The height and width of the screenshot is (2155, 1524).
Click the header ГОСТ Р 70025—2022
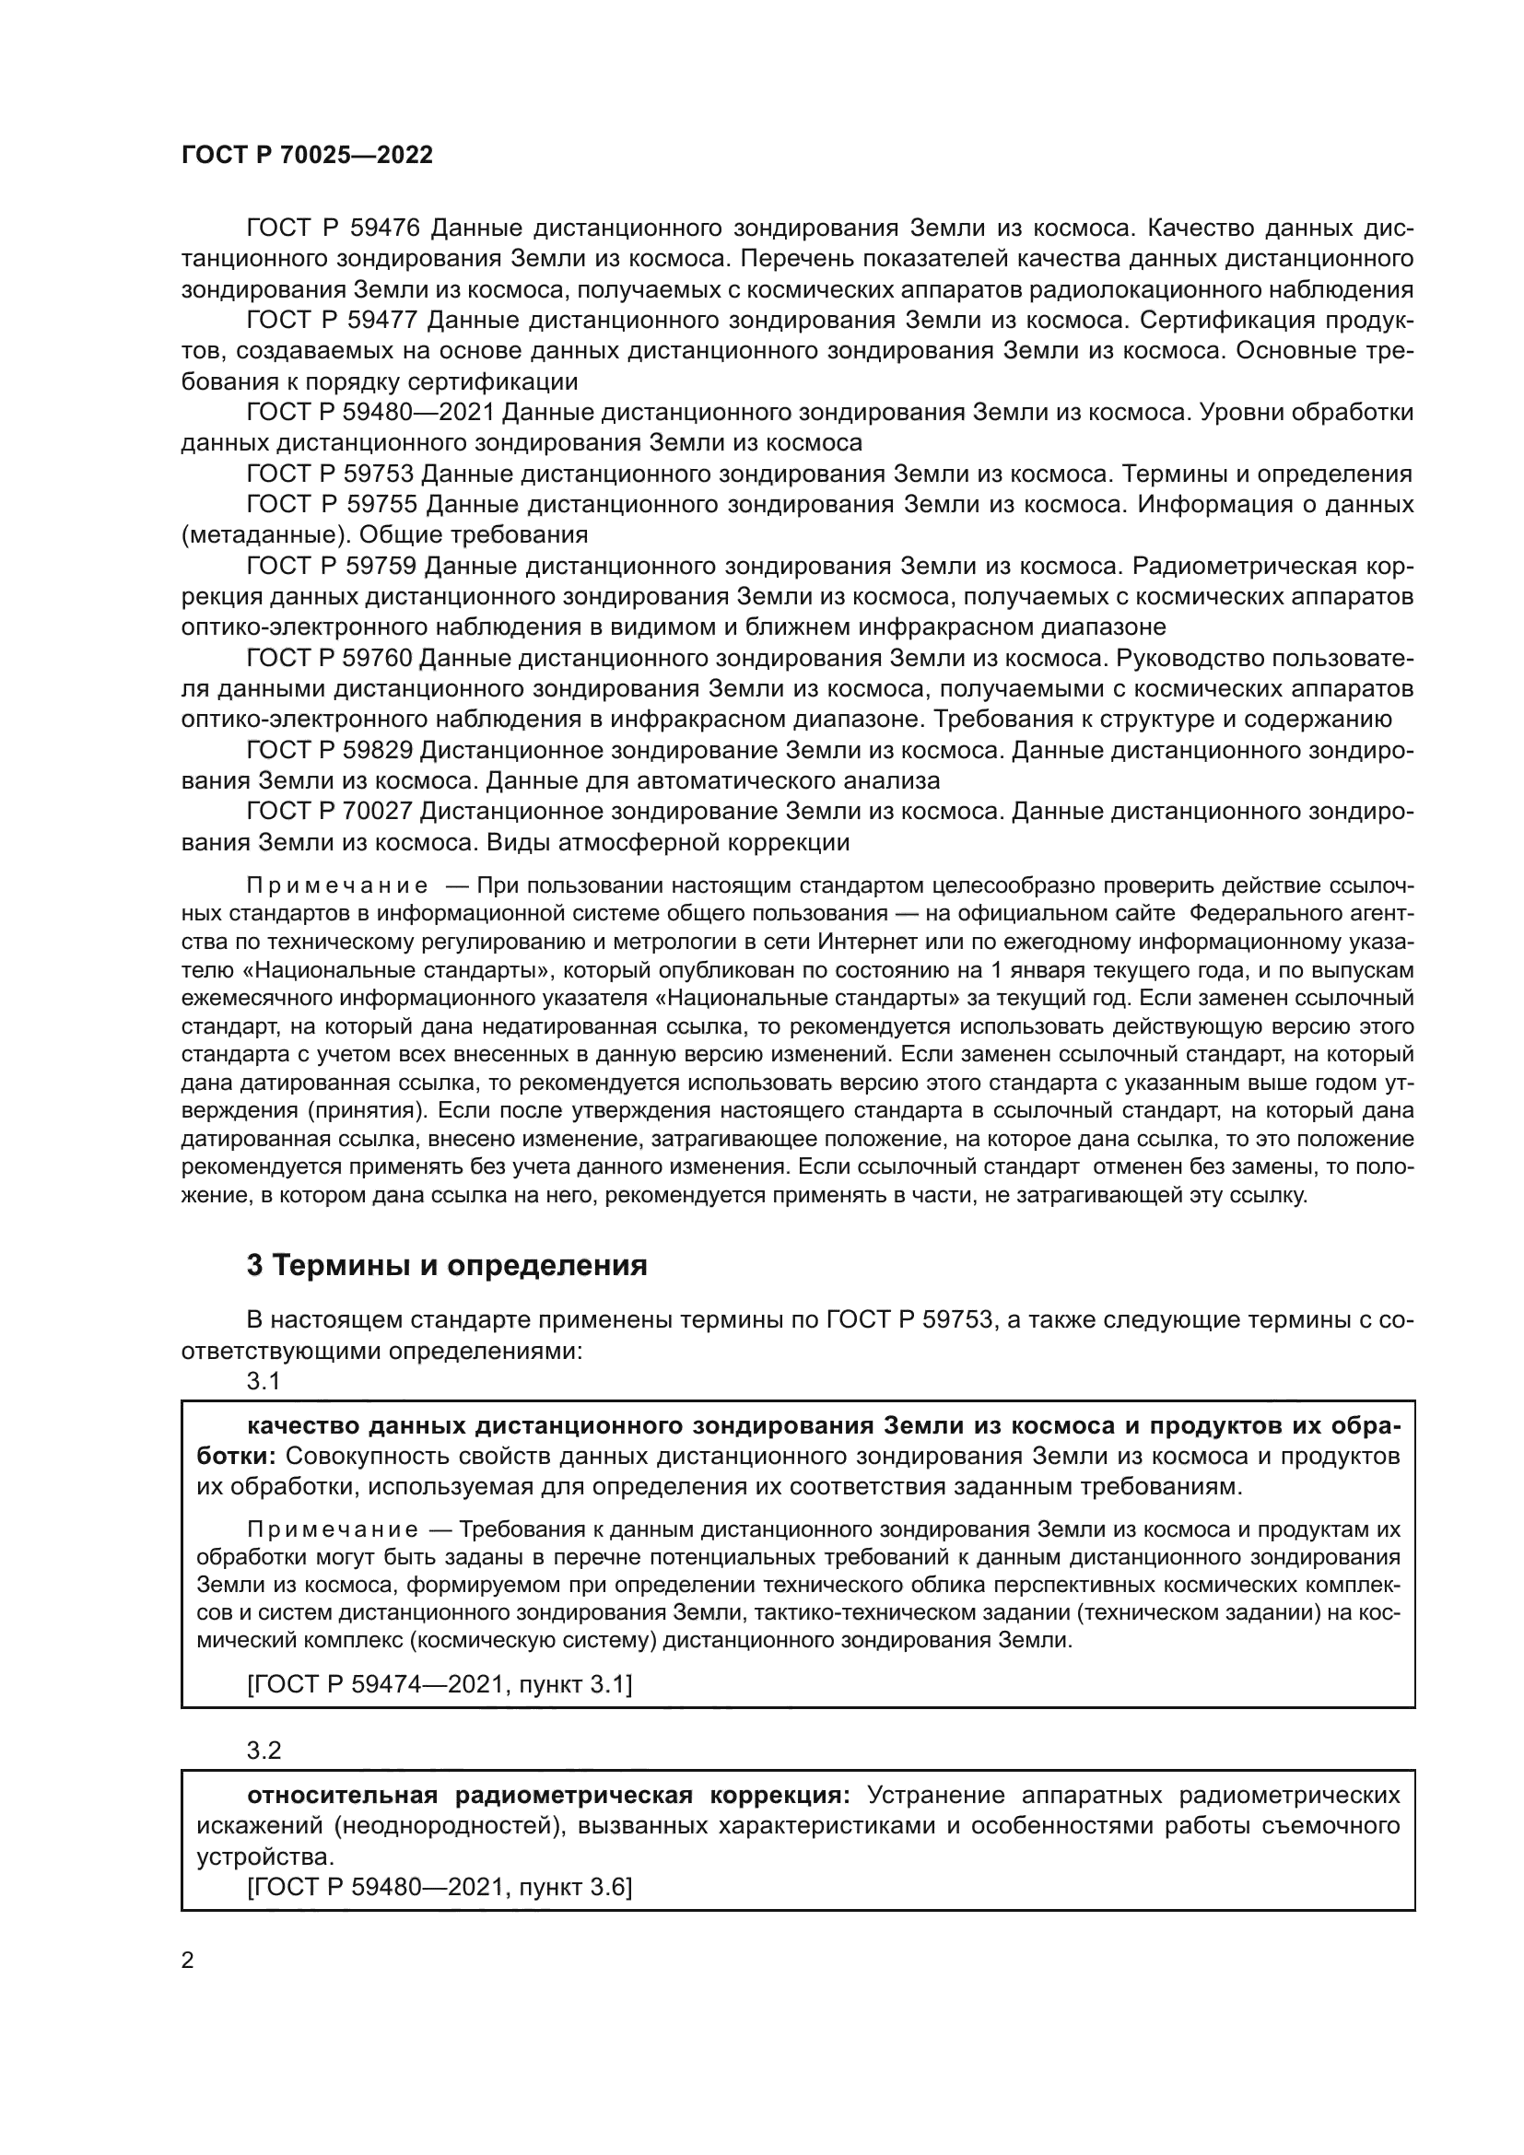tap(307, 156)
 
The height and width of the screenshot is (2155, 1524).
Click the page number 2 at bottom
tap(187, 1960)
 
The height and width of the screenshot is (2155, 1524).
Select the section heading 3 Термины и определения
tap(447, 1265)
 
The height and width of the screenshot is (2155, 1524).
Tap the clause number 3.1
tap(264, 1381)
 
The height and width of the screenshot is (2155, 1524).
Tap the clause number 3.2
tap(264, 1751)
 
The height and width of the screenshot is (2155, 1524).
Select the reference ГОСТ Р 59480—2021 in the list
tap(369, 412)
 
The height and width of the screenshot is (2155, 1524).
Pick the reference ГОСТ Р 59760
tap(332, 658)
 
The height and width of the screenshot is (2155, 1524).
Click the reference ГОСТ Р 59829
tap(332, 750)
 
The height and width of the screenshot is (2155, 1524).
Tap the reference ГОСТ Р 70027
tap(332, 812)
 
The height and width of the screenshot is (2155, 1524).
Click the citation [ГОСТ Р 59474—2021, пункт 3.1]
tap(440, 1685)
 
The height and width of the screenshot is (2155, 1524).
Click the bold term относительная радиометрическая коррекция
tap(548, 1796)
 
